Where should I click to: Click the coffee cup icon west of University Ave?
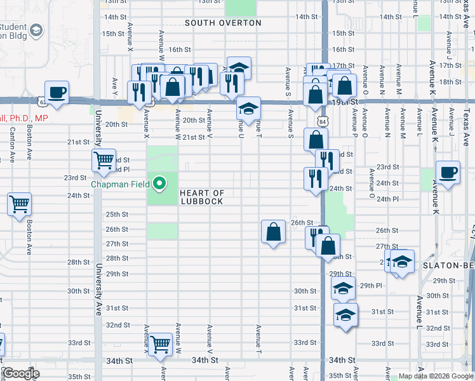tap(57, 92)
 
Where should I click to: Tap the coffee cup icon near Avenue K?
tap(448, 171)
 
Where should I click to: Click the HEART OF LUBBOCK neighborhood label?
tap(201, 197)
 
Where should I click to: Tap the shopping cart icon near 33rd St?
tap(161, 344)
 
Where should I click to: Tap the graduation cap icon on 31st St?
tap(345, 315)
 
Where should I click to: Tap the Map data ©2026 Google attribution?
tap(435, 376)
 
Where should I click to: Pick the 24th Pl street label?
tap(387, 199)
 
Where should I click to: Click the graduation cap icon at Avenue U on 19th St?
tap(248, 108)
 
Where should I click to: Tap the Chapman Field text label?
tap(119, 185)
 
